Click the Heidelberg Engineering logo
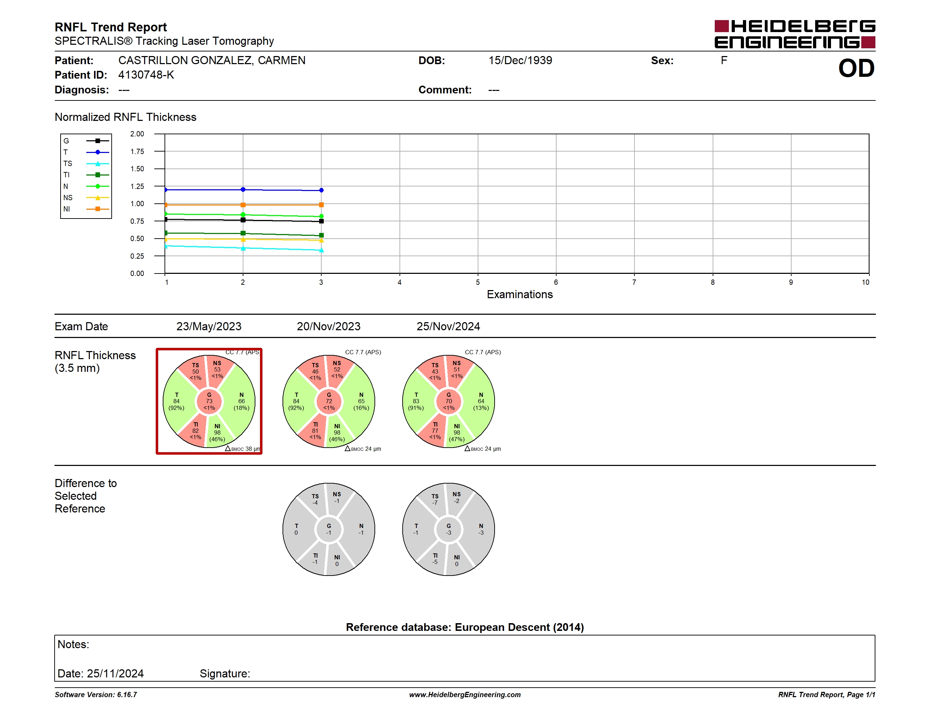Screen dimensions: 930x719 (x=795, y=34)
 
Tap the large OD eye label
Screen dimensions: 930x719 (x=856, y=69)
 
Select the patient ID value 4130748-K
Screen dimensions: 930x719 (x=146, y=75)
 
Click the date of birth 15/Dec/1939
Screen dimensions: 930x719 (x=520, y=61)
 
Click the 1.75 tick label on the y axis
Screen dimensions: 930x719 (x=137, y=152)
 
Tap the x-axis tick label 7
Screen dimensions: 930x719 (x=634, y=282)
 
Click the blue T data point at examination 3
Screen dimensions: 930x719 (x=321, y=190)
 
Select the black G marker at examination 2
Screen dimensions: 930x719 (x=243, y=220)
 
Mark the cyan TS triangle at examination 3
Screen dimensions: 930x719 (x=321, y=251)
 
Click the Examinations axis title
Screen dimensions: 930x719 (x=520, y=294)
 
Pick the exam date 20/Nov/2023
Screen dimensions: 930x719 (x=328, y=326)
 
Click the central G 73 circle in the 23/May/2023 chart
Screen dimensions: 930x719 (x=209, y=401)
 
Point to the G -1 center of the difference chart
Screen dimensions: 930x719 (x=329, y=529)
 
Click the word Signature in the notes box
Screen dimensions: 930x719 (x=224, y=674)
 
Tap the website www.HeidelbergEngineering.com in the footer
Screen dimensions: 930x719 (x=465, y=695)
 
